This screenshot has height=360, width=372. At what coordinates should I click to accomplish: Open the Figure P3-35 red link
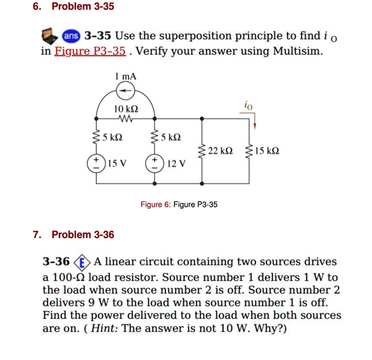click(90, 51)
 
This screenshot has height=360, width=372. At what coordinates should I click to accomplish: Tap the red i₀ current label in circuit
click(247, 106)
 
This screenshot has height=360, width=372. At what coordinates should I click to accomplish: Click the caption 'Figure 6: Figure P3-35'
click(179, 205)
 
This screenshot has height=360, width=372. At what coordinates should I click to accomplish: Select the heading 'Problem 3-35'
click(83, 6)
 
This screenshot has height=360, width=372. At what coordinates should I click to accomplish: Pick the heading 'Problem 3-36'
click(83, 235)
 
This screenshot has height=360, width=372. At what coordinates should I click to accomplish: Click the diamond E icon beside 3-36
click(82, 262)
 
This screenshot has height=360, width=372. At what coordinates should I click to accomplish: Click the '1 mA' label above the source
click(125, 77)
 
